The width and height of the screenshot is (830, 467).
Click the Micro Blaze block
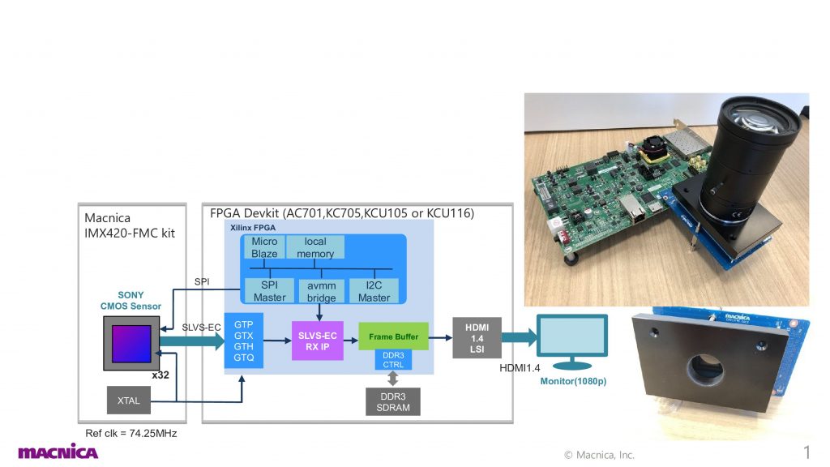[x=264, y=247]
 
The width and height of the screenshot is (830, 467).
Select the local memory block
[x=315, y=247]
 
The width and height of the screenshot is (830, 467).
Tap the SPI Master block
[x=269, y=291]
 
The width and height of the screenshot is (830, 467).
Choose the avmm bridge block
[x=321, y=291]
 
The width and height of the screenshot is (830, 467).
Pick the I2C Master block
[x=374, y=291]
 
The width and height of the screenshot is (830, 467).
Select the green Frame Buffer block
[x=393, y=336]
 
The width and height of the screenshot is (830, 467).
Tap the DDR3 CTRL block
[x=393, y=360]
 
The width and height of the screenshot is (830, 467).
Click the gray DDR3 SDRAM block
[x=393, y=401]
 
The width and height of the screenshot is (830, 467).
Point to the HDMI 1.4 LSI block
[x=477, y=336]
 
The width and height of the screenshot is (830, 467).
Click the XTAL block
[x=128, y=401]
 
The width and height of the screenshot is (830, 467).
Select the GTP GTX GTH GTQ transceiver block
[x=243, y=341]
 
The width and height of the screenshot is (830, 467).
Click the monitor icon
[x=572, y=341]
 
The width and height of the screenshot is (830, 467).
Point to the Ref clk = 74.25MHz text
[x=131, y=434]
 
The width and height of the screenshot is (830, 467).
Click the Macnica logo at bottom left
[x=58, y=452]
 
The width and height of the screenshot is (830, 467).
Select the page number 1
[x=806, y=452]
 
